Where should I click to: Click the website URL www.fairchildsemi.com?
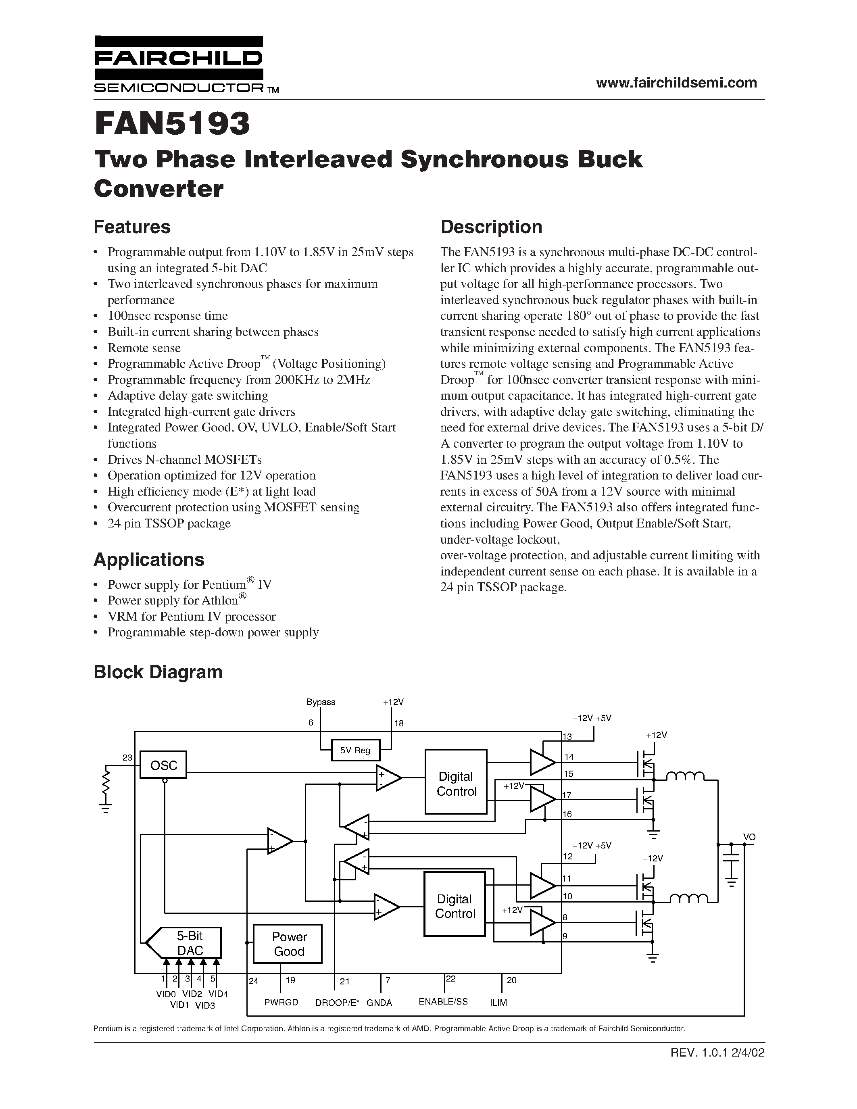(676, 83)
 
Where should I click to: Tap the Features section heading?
(132, 227)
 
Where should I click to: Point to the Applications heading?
(149, 559)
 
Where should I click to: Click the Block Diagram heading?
(158, 672)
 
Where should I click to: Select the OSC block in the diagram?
(163, 764)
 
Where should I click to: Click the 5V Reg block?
(355, 750)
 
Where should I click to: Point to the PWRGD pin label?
(281, 1003)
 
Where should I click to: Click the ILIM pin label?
(498, 1003)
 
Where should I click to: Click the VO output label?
(749, 837)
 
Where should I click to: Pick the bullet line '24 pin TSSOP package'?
(169, 523)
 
